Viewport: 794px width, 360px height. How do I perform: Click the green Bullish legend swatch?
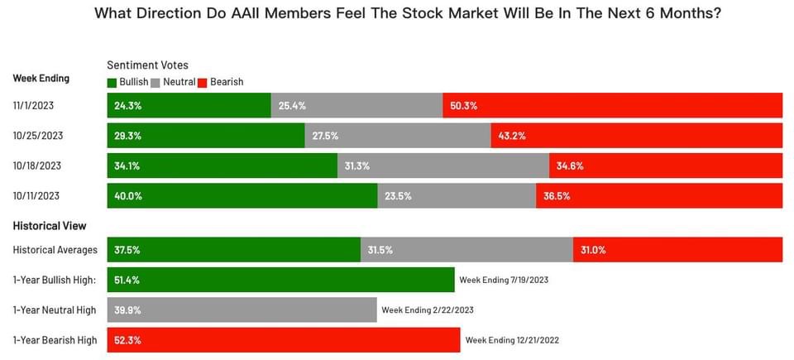pyautogui.click(x=112, y=82)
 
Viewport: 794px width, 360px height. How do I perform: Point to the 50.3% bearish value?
pyautogui.click(x=464, y=106)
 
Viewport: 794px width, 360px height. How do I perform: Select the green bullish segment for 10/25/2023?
pyautogui.click(x=206, y=136)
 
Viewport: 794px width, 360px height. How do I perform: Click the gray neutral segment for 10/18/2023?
pyautogui.click(x=443, y=166)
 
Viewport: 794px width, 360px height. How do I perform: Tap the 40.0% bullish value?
pyautogui.click(x=127, y=196)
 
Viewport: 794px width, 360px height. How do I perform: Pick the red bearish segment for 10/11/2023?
pyautogui.click(x=659, y=196)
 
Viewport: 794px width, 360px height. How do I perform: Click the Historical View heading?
pyautogui.click(x=50, y=226)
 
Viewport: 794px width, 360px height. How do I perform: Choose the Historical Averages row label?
pyautogui.click(x=55, y=249)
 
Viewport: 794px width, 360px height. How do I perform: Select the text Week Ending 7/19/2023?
pyautogui.click(x=504, y=281)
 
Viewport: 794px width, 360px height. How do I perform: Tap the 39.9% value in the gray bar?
pyautogui.click(x=127, y=310)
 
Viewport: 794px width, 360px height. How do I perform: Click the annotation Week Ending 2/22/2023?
pyautogui.click(x=427, y=310)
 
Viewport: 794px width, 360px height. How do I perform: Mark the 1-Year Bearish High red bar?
pyautogui.click(x=284, y=340)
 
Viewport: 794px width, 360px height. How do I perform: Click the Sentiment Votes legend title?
pyautogui.click(x=147, y=65)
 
